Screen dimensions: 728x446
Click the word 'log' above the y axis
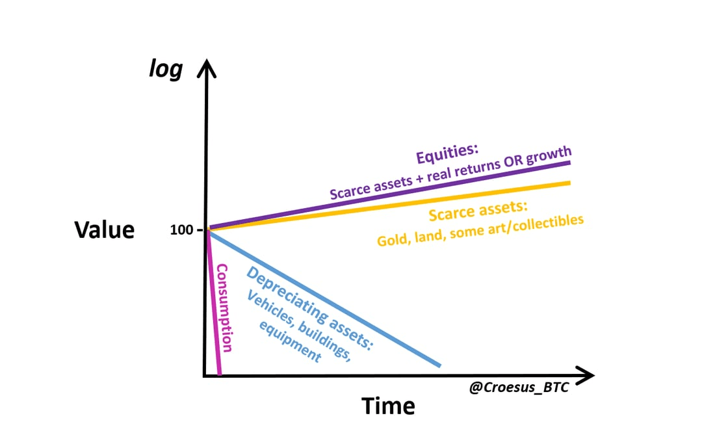click(x=166, y=70)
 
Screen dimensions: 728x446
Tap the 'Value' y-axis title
click(x=105, y=230)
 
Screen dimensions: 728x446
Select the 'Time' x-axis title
click(x=388, y=406)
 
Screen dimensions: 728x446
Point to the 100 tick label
click(x=181, y=230)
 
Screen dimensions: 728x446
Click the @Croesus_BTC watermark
click(x=519, y=387)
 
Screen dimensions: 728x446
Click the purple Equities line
click(x=390, y=196)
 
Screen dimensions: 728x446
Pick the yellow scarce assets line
click(x=390, y=206)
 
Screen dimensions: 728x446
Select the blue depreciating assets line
click(x=324, y=298)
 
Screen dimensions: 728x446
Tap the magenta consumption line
click(x=214, y=302)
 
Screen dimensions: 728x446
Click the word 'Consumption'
click(x=225, y=308)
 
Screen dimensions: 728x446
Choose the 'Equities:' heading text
click(x=447, y=154)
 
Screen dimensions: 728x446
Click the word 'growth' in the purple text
click(x=549, y=155)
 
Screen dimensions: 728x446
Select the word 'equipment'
click(x=290, y=341)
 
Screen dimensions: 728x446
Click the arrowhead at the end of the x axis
click(x=585, y=375)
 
